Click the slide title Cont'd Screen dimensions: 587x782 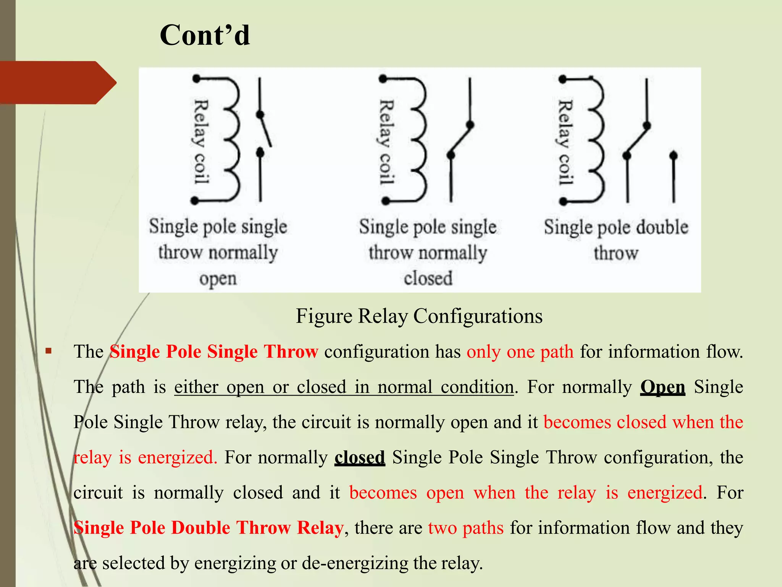tap(205, 35)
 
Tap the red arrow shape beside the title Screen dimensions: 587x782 tap(57, 83)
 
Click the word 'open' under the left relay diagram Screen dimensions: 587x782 tap(218, 279)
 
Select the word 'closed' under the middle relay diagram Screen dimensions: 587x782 tap(428, 278)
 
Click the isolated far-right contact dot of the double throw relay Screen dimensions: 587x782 tap(674, 155)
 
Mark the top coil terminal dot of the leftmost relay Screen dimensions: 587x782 tap(196, 79)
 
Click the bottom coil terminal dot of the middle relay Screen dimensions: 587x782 tap(385, 201)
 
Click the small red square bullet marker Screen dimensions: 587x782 tap(48, 351)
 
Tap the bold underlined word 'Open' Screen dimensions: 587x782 tap(662, 387)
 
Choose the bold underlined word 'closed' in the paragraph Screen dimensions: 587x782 tap(360, 457)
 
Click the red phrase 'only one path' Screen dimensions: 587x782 tap(520, 352)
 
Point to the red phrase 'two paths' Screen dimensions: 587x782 tap(466, 528)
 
